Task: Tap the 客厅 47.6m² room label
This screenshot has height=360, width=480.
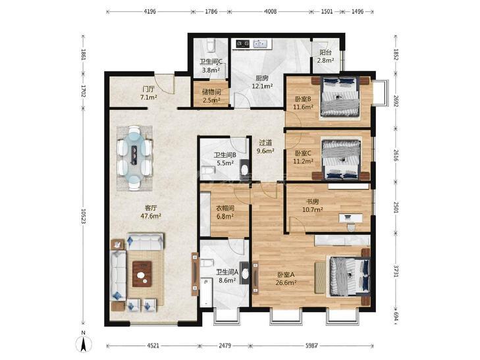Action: pos(151,212)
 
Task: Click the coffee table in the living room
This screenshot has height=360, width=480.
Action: pos(142,274)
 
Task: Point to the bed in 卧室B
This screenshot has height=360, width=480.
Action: pos(340,97)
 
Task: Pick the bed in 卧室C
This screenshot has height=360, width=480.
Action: pos(340,159)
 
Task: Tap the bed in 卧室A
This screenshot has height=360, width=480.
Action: pos(350,276)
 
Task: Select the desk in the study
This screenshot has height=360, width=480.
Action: pos(350,218)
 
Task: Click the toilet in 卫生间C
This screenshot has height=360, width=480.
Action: pos(210,45)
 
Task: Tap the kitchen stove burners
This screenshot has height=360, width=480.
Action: pos(243,44)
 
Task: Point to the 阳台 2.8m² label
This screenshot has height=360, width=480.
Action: pos(325,57)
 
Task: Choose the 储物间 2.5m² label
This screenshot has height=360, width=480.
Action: pos(211,95)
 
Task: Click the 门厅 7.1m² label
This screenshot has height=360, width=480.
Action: pos(148,93)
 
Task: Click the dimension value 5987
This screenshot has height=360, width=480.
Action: pos(311,346)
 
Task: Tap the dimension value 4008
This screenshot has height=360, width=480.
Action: pos(271,12)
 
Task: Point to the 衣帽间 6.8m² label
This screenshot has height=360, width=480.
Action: pos(225,213)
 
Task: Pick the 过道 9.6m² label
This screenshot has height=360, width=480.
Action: pos(265,147)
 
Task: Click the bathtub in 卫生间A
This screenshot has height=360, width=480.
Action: pos(206,292)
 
